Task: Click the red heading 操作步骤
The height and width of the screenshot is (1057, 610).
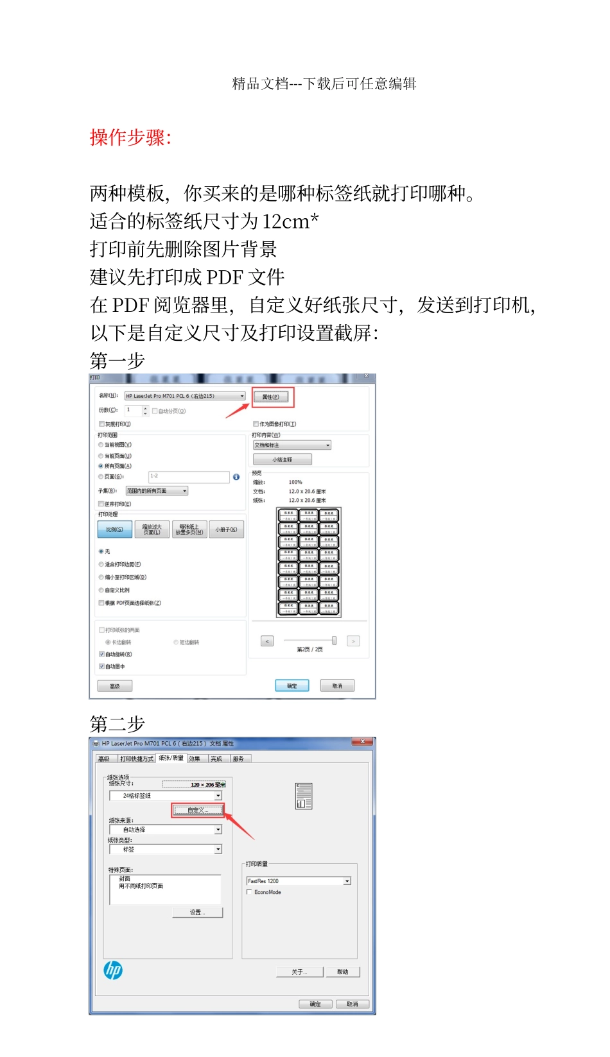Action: pyautogui.click(x=130, y=137)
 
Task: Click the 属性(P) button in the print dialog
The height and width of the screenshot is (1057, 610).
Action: pyautogui.click(x=271, y=397)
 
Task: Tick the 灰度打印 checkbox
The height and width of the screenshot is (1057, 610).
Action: pyautogui.click(x=102, y=424)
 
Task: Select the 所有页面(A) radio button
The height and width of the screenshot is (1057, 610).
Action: pyautogui.click(x=101, y=466)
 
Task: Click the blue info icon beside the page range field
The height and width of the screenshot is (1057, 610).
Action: pyautogui.click(x=236, y=477)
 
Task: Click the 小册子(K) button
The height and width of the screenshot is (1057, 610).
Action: pyautogui.click(x=226, y=529)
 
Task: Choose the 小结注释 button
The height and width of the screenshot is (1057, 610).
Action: pyautogui.click(x=282, y=460)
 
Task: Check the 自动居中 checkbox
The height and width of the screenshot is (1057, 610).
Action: pyautogui.click(x=101, y=666)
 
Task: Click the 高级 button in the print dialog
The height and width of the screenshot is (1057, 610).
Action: pyautogui.click(x=115, y=686)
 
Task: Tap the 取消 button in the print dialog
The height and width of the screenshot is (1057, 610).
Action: pyautogui.click(x=337, y=685)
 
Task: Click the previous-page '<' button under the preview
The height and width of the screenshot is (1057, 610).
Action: pyautogui.click(x=268, y=640)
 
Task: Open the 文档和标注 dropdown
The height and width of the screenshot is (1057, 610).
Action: pyautogui.click(x=292, y=445)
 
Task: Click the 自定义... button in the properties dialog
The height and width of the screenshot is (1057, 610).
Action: pyautogui.click(x=197, y=811)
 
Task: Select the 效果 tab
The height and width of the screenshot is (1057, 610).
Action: pyautogui.click(x=195, y=759)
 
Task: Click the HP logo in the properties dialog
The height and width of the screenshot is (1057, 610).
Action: pyautogui.click(x=114, y=970)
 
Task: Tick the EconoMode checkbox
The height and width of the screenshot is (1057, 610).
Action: pyautogui.click(x=249, y=892)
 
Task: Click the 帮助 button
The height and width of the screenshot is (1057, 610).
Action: pyautogui.click(x=342, y=972)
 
